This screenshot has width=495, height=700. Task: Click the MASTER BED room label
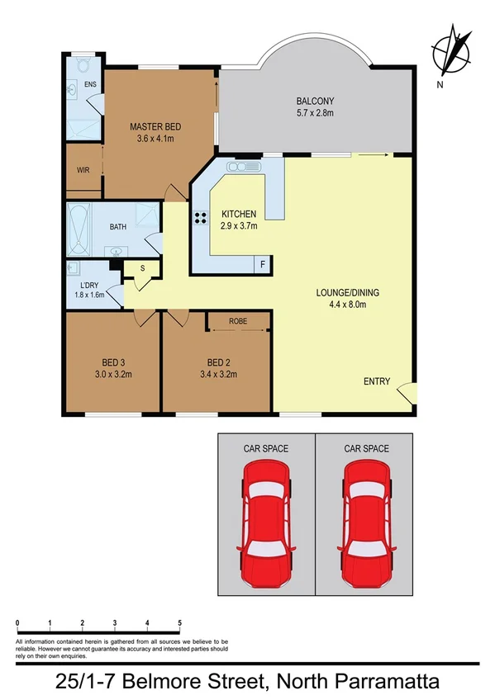coord(155,126)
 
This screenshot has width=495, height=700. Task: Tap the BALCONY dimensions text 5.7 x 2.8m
coord(313,115)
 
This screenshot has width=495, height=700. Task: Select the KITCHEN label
coord(239,214)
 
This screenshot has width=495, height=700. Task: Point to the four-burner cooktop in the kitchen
coord(200,219)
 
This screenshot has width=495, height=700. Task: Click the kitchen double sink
coord(245,168)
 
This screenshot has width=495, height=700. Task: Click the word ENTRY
coord(377,381)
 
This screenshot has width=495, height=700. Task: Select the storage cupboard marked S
coord(142,268)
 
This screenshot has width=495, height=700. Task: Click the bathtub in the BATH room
coord(79,229)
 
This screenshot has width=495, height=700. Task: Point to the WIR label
coord(83,170)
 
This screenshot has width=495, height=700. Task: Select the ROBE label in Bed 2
coord(240,321)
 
